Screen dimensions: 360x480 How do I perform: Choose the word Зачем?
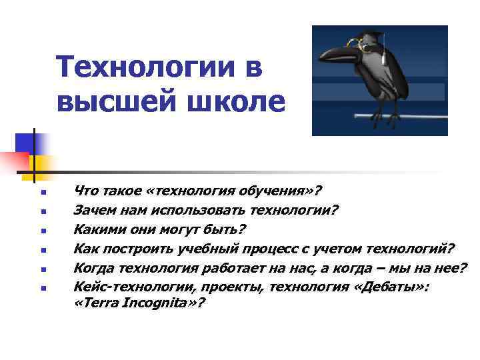click(x=93, y=211)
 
